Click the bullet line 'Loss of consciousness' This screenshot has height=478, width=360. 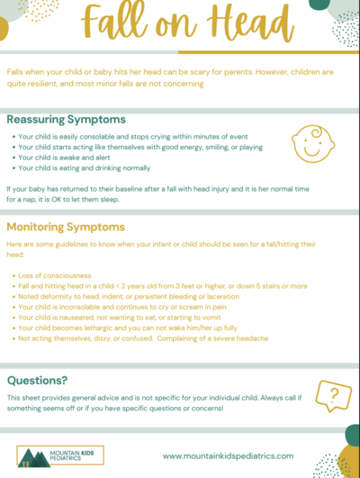56,275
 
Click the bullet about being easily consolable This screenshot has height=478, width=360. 113,135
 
